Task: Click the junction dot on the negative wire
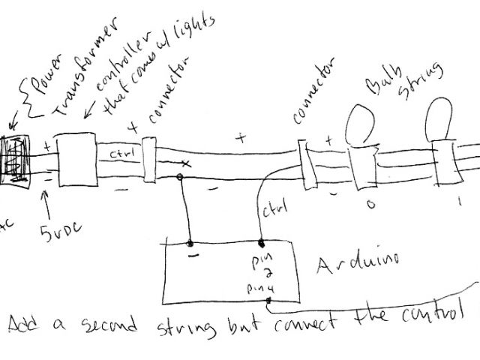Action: (x=180, y=178)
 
